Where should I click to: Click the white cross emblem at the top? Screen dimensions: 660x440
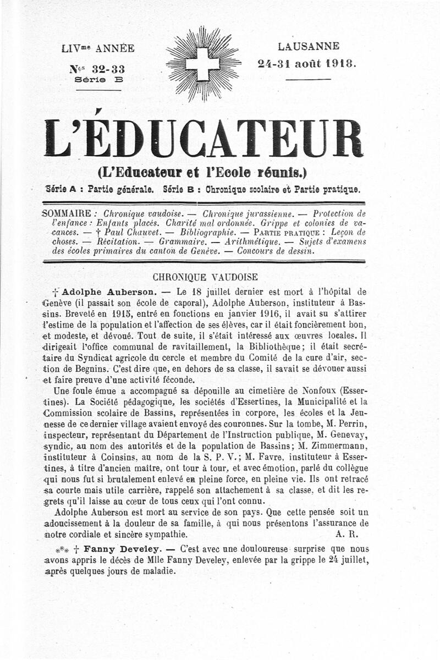[x=202, y=64]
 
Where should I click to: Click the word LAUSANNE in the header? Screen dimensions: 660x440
[x=308, y=46]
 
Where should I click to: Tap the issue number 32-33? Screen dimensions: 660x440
[x=101, y=69]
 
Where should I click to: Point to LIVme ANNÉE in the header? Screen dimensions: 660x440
[x=98, y=48]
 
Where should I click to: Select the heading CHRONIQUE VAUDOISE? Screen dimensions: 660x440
[x=205, y=277]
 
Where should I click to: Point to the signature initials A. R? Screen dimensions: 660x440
[x=346, y=534]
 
